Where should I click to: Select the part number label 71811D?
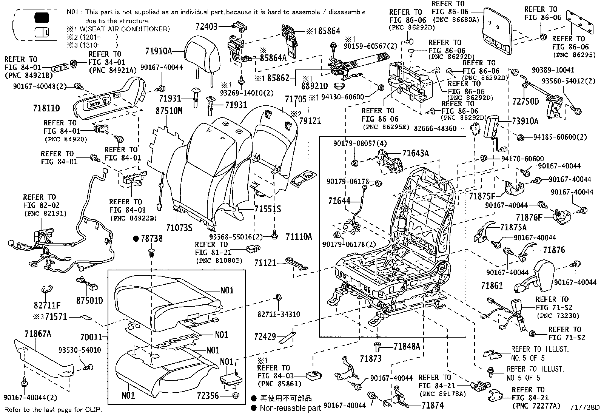(x=46, y=109)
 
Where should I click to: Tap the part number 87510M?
(x=169, y=111)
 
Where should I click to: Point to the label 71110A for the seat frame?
(x=299, y=237)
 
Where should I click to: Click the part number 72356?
(x=208, y=395)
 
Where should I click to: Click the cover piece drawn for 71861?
(x=540, y=276)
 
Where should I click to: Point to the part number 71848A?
(x=406, y=346)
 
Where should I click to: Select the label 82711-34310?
(x=279, y=314)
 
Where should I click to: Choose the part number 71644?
(x=339, y=201)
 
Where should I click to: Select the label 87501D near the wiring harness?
(x=89, y=301)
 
